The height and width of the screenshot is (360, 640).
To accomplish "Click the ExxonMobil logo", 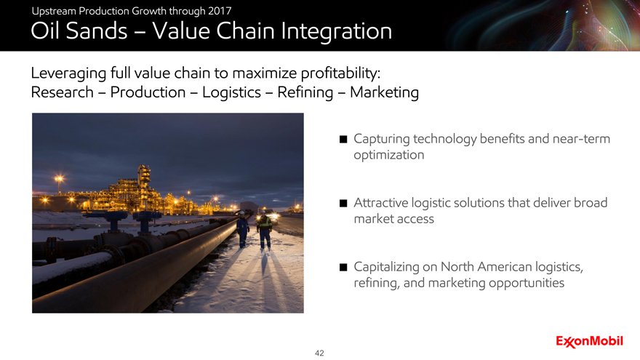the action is tap(589, 341).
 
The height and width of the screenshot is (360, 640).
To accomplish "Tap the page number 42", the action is tap(319, 353).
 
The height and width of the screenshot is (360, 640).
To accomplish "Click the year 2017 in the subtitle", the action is tap(220, 11).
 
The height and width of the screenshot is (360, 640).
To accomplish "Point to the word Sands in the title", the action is tap(97, 31).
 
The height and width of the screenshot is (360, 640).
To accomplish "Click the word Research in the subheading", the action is tap(62, 92).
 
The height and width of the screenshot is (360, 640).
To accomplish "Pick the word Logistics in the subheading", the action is tap(231, 92).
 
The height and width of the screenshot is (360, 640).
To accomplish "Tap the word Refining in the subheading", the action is tap(305, 92).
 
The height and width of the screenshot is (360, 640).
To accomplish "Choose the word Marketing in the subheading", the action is tap(384, 92).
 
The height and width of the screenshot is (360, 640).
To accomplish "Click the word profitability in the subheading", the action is tap(340, 73).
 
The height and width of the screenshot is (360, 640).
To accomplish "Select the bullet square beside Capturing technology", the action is tap(343, 139).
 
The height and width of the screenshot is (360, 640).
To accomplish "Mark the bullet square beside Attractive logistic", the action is tap(343, 203).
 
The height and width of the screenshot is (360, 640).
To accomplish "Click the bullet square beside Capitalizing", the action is tap(343, 268).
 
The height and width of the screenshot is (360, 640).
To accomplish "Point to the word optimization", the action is tap(389, 155).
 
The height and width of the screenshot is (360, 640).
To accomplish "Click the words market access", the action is tap(394, 219).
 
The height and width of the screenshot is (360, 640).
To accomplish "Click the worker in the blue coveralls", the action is tap(242, 229).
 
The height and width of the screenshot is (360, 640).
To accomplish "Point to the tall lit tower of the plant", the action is tap(144, 184).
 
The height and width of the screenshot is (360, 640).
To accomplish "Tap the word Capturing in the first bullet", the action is tap(382, 139).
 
